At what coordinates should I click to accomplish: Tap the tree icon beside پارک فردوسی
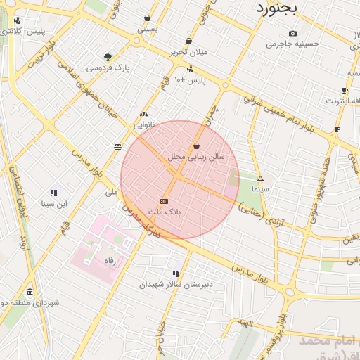108,57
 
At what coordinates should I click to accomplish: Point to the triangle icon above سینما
260,179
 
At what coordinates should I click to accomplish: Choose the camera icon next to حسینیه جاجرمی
292,33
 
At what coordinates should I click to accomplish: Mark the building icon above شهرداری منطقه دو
30,292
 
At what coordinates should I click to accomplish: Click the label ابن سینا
53,204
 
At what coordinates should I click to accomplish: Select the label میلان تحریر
188,52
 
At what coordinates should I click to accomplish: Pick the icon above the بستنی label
147,18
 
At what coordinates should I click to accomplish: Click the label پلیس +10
189,80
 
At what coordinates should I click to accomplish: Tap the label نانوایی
146,124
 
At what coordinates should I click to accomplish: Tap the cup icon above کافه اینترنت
345,90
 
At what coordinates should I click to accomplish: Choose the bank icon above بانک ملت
165,200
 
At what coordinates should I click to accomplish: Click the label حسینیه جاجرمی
292,44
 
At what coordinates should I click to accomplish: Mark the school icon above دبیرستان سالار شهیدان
176,274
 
